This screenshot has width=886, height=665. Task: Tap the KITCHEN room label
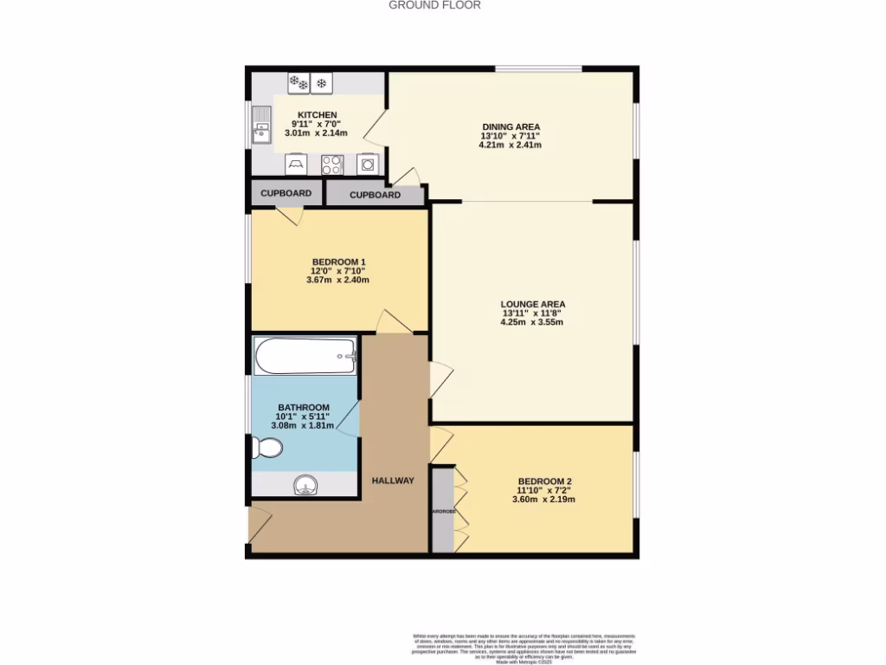coord(317,115)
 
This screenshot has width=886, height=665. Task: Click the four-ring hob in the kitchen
coord(332,164)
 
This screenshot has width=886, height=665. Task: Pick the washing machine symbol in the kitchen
coord(368,164)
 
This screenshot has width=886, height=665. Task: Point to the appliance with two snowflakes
coord(299,83)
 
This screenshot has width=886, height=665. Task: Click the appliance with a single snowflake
coord(322,83)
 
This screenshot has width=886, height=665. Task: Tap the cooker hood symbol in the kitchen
coord(296,164)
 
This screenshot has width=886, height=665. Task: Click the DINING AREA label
coord(510,126)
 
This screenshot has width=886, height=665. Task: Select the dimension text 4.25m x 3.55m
coord(532,323)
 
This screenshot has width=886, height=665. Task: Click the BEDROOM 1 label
coord(339,262)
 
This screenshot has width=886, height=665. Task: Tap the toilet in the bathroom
coord(267,449)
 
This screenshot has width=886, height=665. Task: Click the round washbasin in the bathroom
coord(305,486)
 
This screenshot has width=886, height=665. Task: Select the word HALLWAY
coord(393,481)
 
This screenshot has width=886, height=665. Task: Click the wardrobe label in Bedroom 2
coord(442,511)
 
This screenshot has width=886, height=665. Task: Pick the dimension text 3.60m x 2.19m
coord(544,500)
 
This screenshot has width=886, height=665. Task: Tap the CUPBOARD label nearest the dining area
coord(375,195)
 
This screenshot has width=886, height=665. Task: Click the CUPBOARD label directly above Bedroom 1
coord(286,193)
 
